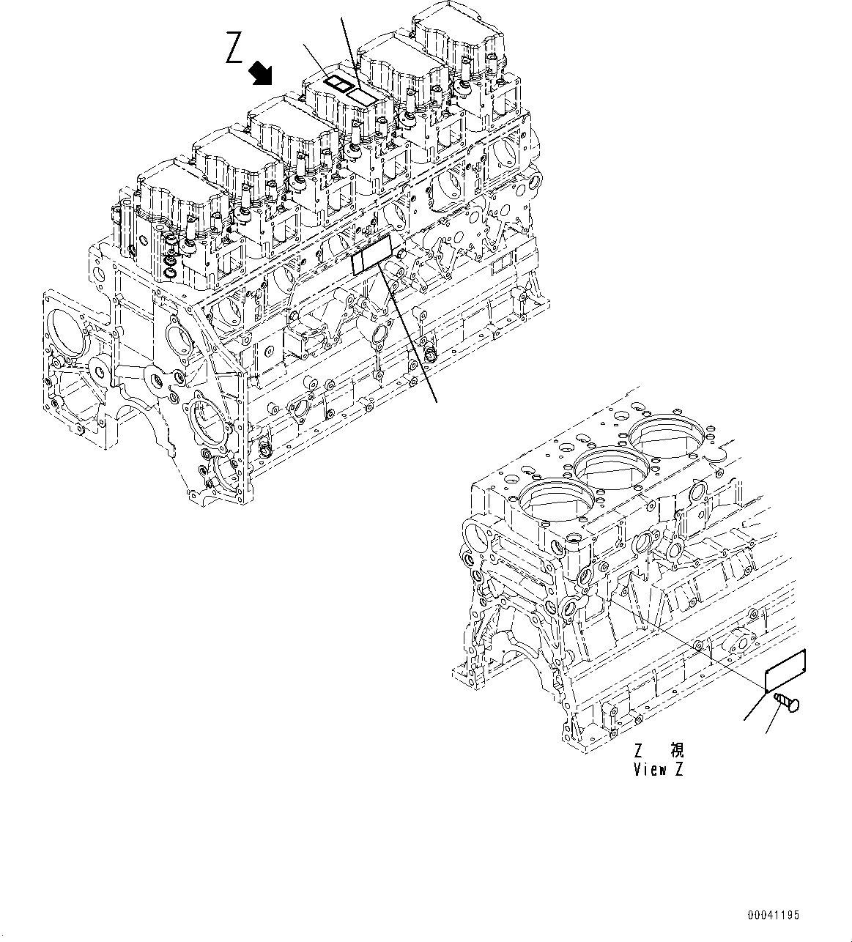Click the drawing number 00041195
(x=774, y=915)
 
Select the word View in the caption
(x=650, y=770)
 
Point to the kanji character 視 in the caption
(x=677, y=751)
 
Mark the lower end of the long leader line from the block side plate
(x=437, y=401)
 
